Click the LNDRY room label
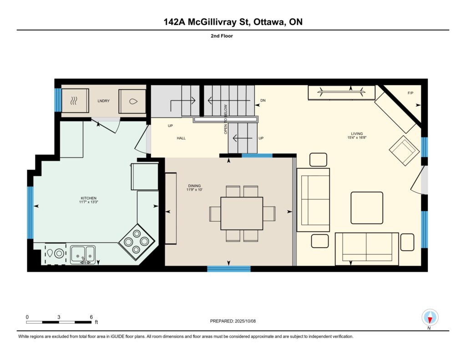pos(103,101)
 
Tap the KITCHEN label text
pos(89,198)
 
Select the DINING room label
pos(194,186)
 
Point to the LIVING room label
pos(357,134)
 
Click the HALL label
pos(181,138)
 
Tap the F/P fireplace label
pos(410,93)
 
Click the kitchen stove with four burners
pos(137,241)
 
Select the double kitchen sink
pos(83,255)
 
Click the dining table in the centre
pos(242,213)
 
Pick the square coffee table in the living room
pos(367,208)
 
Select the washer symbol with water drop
pos(133,101)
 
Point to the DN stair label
pos(263,101)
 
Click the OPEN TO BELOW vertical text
pos(226,119)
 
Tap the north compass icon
pos(430,318)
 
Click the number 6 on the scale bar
pos(91,317)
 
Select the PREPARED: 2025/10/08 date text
pos(233,321)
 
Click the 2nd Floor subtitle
pos(222,36)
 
